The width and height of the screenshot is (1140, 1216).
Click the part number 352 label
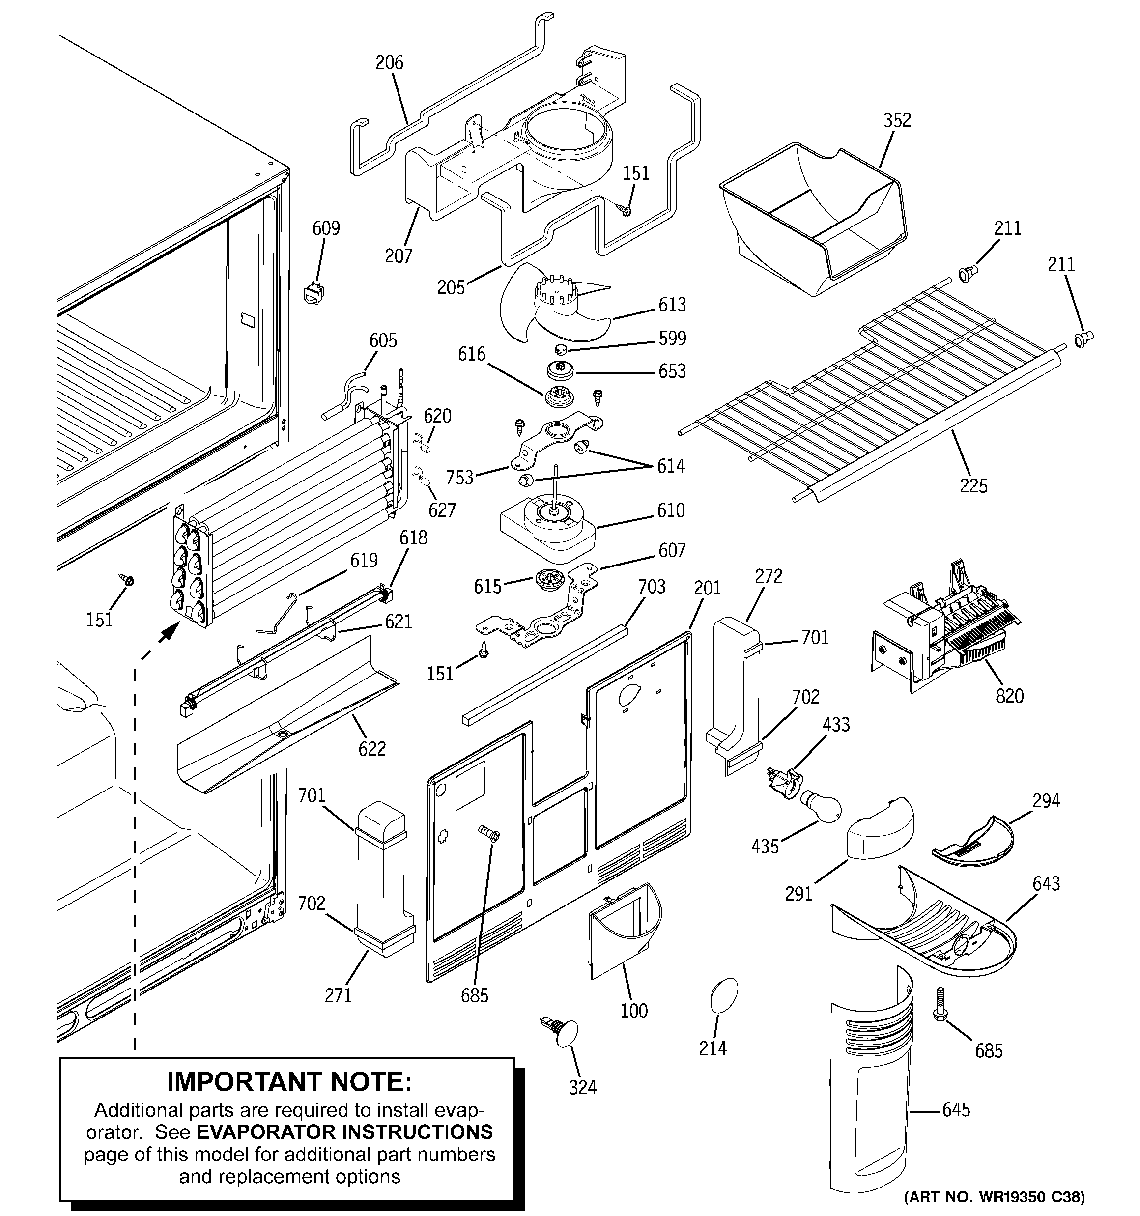[897, 120]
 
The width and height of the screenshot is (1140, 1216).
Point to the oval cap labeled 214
[724, 996]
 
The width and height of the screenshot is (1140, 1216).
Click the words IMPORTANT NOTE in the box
[289, 1082]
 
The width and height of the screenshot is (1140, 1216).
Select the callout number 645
[956, 1109]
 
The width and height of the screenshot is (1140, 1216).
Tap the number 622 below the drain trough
[372, 748]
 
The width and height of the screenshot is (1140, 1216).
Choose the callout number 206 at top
[389, 62]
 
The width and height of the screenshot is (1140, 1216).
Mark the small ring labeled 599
[561, 350]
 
